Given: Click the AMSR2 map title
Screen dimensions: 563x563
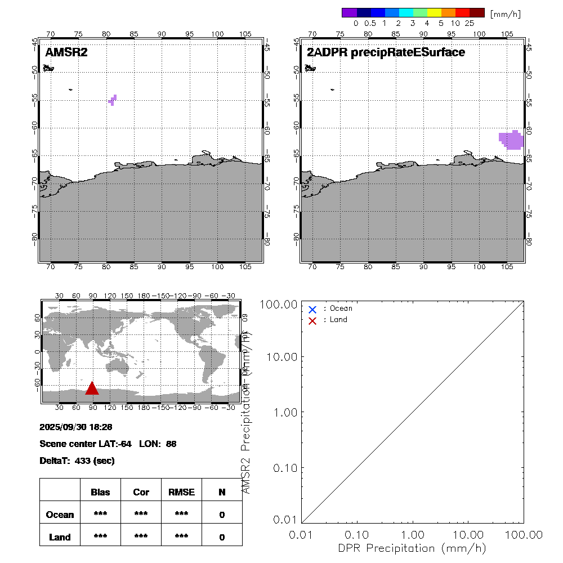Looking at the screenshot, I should point(66,53).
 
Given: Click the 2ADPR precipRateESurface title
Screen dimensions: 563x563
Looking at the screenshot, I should point(386,53).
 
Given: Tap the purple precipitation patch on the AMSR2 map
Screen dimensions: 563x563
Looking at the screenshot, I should point(113,100).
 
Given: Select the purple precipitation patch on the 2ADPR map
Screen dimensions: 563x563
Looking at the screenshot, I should point(512,140).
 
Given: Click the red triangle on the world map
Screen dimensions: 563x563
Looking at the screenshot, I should point(92,388).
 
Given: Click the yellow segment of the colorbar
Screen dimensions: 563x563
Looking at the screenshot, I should point(435,12).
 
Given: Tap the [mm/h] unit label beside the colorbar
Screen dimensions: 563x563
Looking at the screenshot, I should point(506,13).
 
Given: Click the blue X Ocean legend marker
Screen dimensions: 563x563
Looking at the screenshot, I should point(312,309).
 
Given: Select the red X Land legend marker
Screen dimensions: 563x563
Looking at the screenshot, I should point(312,321).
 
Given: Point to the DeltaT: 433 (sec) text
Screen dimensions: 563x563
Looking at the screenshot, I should point(77,461).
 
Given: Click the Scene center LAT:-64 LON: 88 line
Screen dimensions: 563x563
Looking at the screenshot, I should point(108,444).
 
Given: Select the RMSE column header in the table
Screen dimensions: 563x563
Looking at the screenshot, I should point(181,492).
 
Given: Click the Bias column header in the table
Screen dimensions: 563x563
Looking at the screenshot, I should point(100,492).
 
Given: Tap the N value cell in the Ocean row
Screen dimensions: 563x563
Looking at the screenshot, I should point(222,515).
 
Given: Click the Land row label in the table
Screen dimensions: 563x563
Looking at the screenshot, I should point(60,537).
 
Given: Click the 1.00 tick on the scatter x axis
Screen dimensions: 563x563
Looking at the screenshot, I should point(413,534).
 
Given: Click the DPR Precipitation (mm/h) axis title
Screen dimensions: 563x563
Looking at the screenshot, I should point(413,548).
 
